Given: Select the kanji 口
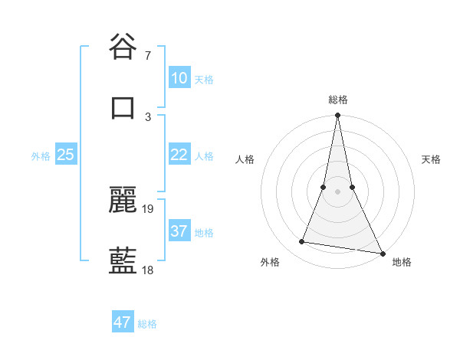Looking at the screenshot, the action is click(123, 107).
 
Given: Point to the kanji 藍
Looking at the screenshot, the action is click(123, 260).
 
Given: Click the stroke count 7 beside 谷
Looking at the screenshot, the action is click(147, 56).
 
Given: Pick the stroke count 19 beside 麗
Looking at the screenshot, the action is click(149, 208).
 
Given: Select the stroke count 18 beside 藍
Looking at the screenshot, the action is click(149, 270).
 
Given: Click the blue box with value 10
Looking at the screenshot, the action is click(179, 78).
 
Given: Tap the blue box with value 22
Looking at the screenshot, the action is click(179, 155).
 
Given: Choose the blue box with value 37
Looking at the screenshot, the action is click(179, 231).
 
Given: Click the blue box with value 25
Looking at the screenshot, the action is click(66, 155).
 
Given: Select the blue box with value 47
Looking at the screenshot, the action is click(122, 322).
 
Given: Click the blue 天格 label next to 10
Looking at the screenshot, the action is click(203, 80).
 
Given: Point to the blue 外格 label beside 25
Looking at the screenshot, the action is click(41, 156).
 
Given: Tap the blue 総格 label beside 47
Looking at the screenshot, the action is click(147, 324).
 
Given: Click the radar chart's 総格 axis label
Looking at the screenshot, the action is click(338, 100).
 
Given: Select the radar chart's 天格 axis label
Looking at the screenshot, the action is click(431, 159).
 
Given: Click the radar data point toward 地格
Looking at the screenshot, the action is click(382, 253).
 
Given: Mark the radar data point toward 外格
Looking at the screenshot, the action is click(302, 242).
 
